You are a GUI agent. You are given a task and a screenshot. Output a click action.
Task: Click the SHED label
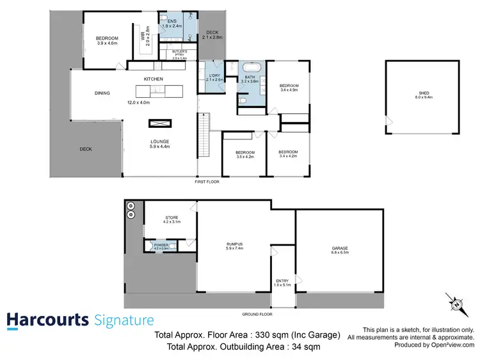421,93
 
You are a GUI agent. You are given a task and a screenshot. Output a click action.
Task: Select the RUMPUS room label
234,243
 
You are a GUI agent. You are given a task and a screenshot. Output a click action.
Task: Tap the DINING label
102,93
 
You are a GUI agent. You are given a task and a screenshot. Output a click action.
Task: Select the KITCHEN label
154,79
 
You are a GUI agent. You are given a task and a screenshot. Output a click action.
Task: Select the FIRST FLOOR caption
207,182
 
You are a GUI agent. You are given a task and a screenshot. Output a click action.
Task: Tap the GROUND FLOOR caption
257,315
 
